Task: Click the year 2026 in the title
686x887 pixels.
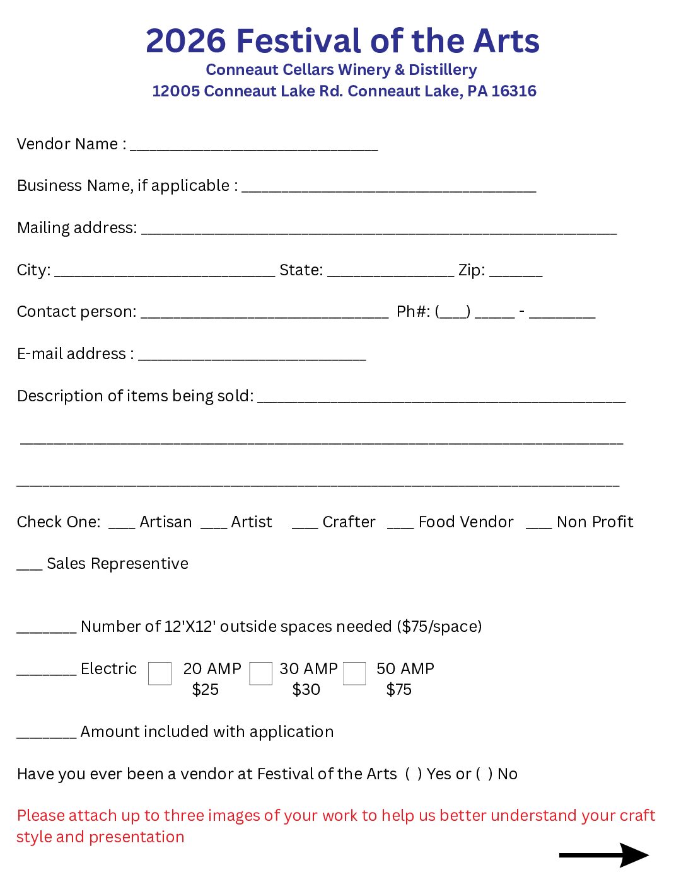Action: pos(185,41)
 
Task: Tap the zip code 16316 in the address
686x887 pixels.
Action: pos(514,91)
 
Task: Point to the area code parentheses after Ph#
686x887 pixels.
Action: pos(453,312)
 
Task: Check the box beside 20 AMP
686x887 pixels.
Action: pos(160,673)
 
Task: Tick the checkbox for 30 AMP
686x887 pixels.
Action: pos(260,673)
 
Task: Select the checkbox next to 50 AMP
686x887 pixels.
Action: pos(354,673)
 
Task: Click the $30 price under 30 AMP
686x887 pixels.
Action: pos(306,690)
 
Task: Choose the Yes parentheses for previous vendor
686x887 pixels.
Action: pos(414,774)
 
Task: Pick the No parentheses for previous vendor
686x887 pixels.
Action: pos(484,774)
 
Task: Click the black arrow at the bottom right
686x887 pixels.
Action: pos(603,855)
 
